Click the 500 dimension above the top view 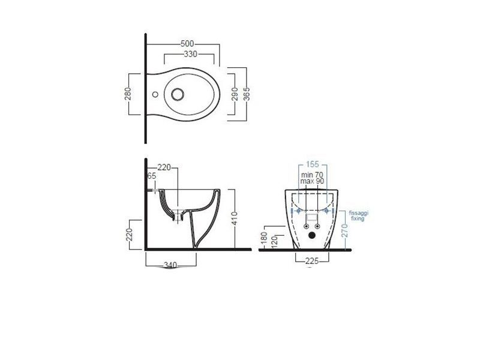[187, 44]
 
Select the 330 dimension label [190, 54]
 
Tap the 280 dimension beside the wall [128, 94]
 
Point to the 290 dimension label [235, 94]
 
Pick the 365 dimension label [247, 94]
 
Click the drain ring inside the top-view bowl [178, 94]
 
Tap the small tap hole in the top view [155, 94]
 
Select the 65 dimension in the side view [152, 176]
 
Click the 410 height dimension [235, 218]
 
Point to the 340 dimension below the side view [170, 265]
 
